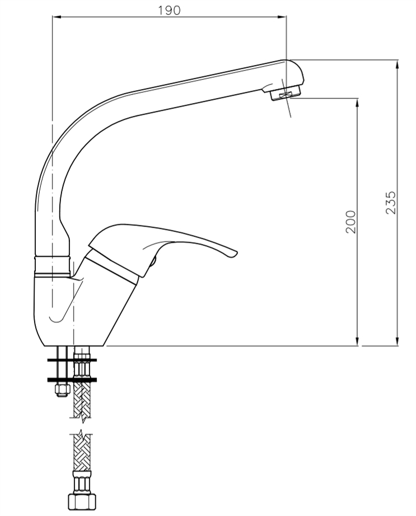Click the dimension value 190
point(169,10)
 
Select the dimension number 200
point(350,222)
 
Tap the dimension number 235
point(391,203)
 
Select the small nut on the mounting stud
point(62,388)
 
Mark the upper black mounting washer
point(72,360)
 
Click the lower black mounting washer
point(72,380)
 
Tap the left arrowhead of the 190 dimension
point(55,17)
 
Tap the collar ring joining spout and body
point(53,266)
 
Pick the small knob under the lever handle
point(153,261)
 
